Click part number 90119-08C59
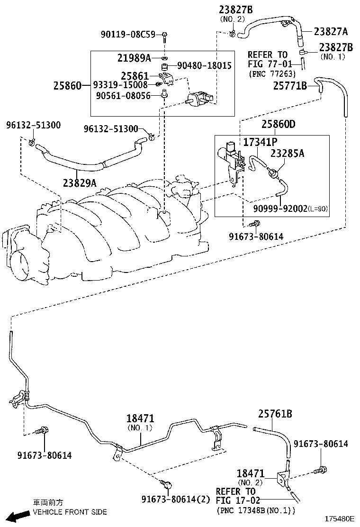click(x=127, y=35)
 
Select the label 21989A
click(x=134, y=58)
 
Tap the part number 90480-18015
click(x=204, y=65)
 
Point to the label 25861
click(x=135, y=76)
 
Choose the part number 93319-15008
click(x=120, y=85)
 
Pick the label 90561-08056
click(x=123, y=95)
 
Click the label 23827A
click(x=330, y=31)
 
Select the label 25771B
click(x=290, y=85)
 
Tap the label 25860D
click(x=279, y=124)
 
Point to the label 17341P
click(x=260, y=142)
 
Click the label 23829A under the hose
click(x=79, y=182)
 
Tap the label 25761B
click(x=275, y=414)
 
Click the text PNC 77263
click(x=272, y=73)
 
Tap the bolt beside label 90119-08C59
click(x=164, y=35)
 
